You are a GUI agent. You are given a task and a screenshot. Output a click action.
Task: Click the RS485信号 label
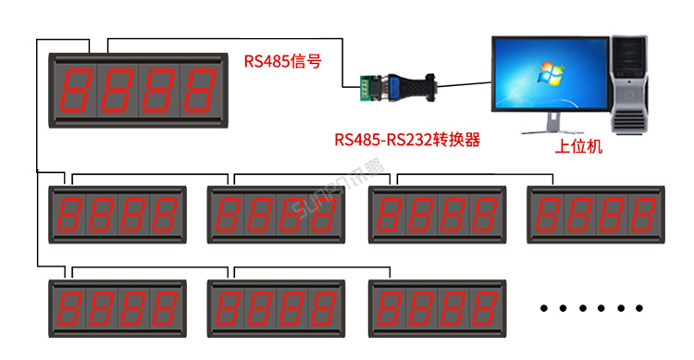[283, 63]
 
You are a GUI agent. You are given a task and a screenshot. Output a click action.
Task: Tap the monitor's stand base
[553, 130]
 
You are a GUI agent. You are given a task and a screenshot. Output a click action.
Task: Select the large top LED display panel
[139, 90]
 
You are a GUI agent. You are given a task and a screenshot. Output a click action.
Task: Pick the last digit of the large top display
[201, 90]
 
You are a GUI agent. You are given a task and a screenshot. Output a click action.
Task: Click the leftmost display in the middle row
[118, 214]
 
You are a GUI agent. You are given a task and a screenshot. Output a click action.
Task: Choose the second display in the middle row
[278, 214]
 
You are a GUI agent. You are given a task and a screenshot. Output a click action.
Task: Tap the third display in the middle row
[438, 214]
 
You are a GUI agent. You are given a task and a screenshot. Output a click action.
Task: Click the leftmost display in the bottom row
[118, 307]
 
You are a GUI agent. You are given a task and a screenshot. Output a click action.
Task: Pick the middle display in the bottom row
[278, 307]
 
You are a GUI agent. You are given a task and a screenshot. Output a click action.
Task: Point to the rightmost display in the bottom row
[438, 307]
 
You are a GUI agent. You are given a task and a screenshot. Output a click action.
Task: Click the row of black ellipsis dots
[592, 307]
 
